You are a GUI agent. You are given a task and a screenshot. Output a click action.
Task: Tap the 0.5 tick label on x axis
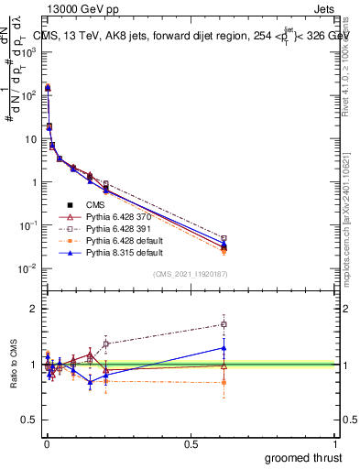191,442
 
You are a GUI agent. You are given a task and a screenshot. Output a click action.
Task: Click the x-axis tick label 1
335,442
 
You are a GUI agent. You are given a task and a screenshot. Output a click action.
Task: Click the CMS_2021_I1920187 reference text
191,274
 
